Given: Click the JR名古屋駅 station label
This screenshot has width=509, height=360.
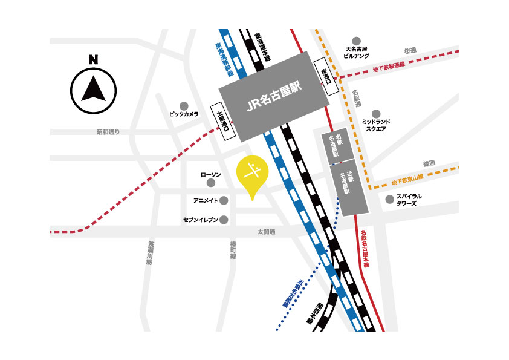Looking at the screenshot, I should click(274, 97).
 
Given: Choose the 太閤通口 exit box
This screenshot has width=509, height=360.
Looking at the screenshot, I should click(224, 122).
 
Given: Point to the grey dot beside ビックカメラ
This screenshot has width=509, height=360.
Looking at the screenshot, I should click(183, 105).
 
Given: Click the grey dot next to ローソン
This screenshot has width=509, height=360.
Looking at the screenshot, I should click(211, 183).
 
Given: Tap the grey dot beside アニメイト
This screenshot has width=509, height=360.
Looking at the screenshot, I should click(224, 200).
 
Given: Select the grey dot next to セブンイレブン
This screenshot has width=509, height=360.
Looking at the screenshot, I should click(224, 220).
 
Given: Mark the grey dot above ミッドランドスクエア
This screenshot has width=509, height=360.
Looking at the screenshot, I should click(376, 113).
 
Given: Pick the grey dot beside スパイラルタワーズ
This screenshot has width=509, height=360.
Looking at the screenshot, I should click(389, 199).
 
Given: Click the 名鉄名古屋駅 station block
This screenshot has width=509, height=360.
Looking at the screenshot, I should click(334, 147).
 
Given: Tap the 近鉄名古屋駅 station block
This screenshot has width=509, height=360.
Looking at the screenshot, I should click(349, 189).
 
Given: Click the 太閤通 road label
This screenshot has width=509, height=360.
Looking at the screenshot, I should click(266, 232).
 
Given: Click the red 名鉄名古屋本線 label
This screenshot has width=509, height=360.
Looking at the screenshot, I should click(364, 248).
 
